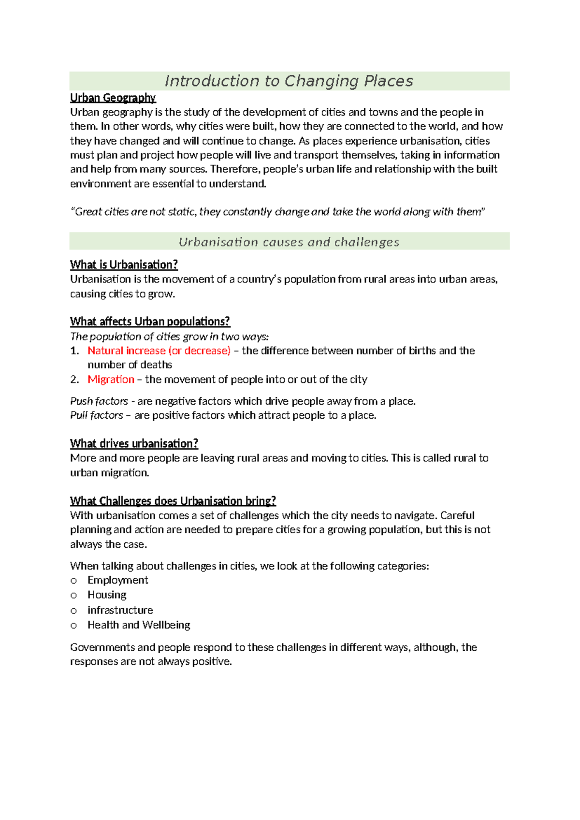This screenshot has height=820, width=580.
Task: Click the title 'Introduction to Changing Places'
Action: point(289,81)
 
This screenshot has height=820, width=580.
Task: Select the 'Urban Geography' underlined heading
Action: point(113,98)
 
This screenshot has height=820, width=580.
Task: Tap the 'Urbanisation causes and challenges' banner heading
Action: point(289,242)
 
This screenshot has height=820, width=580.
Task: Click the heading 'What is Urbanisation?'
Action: point(124,265)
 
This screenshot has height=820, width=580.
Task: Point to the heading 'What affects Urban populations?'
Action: point(150,322)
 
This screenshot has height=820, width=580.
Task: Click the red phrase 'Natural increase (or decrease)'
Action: point(159,351)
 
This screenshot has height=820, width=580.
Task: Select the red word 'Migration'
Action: point(111,380)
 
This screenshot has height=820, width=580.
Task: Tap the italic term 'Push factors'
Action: point(99,401)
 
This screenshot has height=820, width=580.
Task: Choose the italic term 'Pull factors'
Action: point(97,415)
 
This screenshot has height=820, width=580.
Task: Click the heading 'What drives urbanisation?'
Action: point(134,444)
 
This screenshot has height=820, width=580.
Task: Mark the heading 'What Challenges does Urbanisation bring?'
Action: point(173,501)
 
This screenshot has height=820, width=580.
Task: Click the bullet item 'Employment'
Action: point(117,580)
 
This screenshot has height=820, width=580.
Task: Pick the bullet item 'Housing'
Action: point(107,595)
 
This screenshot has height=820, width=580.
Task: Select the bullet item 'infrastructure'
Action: point(120,610)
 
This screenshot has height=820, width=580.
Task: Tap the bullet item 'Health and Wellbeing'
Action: point(139,625)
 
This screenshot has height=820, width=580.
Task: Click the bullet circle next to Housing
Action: point(73,596)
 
